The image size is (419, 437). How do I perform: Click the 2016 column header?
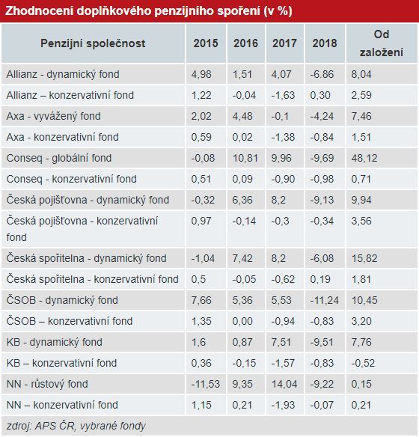tap(245, 43)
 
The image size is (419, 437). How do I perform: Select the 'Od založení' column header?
tap(382, 43)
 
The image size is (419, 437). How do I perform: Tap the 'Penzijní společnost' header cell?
tap(93, 43)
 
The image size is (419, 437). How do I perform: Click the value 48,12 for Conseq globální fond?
tap(364, 158)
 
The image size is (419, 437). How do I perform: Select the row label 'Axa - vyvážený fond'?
tap(53, 116)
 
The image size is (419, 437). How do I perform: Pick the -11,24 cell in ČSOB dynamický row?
tap(324, 300)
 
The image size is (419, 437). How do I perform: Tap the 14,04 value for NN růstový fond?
tap(284, 384)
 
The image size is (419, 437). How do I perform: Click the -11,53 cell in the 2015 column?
tap(205, 384)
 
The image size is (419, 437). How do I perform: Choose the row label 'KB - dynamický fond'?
tap(55, 342)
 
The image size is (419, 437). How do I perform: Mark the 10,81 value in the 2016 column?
tap(245, 158)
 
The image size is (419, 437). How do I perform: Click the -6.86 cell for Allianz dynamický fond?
tap(322, 74)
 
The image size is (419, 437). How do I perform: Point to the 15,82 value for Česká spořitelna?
tap(364, 258)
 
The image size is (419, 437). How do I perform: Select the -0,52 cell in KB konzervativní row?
tap(363, 363)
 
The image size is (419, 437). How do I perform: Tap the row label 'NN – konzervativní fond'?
tap(62, 405)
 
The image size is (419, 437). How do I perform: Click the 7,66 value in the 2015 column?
tap(201, 300)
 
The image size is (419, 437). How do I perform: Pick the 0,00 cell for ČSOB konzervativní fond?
tap(242, 321)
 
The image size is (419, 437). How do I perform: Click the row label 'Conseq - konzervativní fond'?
tap(72, 179)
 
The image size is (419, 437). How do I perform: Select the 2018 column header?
tap(325, 43)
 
